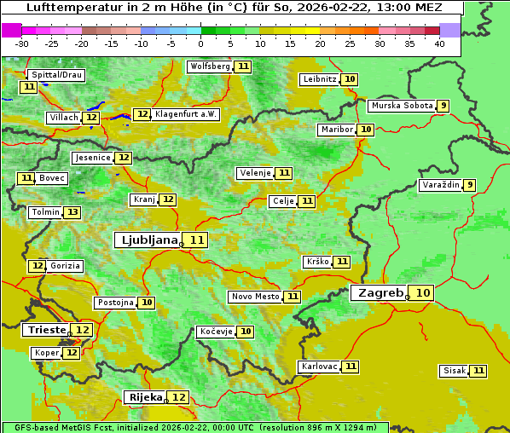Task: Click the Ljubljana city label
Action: (x=147, y=240)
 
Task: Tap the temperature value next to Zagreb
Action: (x=423, y=293)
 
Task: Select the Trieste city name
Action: (x=46, y=330)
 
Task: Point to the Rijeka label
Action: (x=144, y=397)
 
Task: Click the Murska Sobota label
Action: (x=401, y=106)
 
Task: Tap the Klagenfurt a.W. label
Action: (x=186, y=114)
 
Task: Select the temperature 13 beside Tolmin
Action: (x=73, y=212)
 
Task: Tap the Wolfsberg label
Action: (x=210, y=66)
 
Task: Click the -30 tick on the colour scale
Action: (x=22, y=43)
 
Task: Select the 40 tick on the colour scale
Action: (x=438, y=43)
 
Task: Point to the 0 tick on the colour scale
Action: (x=201, y=43)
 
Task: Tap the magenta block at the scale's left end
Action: (x=12, y=30)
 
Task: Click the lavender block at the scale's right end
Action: (x=449, y=30)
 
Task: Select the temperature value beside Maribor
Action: (x=366, y=130)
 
